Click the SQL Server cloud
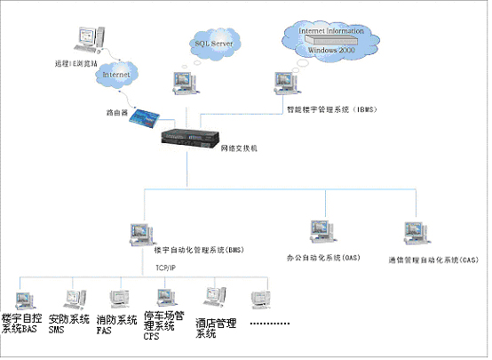212,41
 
